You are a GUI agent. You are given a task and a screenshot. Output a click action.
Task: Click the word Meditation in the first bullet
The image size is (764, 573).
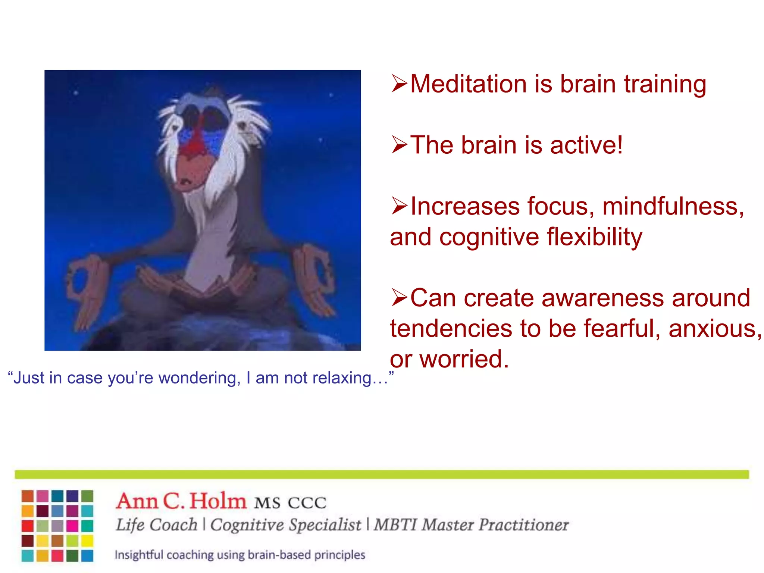tap(469, 84)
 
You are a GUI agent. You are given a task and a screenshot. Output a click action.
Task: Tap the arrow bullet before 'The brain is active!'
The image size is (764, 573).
tap(399, 145)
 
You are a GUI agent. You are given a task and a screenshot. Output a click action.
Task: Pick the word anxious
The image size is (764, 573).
tap(714, 329)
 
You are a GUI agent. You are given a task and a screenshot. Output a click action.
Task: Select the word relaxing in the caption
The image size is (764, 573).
tap(349, 378)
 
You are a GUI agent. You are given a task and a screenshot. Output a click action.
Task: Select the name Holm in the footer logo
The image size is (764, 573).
tap(218, 501)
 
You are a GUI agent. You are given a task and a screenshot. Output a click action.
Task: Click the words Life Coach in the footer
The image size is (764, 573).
tap(156, 525)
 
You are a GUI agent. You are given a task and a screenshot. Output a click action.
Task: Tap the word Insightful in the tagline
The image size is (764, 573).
tap(138, 555)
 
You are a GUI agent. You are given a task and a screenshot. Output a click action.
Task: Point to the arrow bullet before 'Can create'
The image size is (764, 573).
tap(399, 298)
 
